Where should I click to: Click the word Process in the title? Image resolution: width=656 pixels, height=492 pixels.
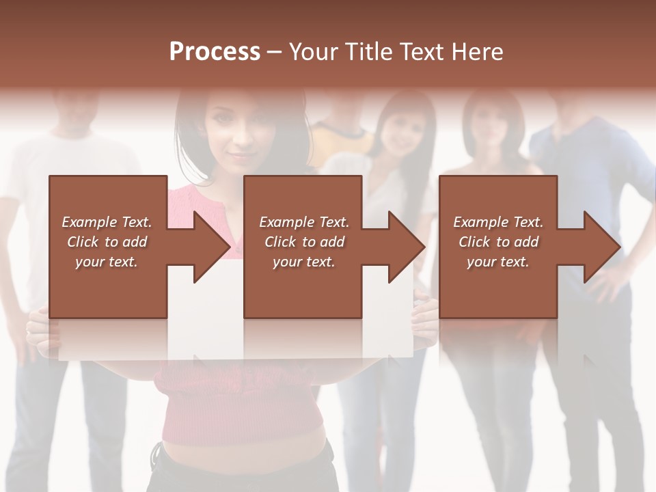click(x=215, y=52)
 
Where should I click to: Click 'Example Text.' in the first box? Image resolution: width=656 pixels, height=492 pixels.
click(x=107, y=222)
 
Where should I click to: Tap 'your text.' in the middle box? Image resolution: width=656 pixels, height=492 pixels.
click(x=303, y=262)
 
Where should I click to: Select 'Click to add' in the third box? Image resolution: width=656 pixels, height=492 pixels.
click(x=498, y=242)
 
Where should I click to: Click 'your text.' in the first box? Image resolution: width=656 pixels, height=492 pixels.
click(x=107, y=262)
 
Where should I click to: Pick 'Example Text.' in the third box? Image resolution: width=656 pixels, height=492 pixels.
click(x=498, y=222)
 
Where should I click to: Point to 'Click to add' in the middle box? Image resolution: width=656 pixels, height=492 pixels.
click(x=304, y=242)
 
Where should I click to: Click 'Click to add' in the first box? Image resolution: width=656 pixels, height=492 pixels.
click(x=107, y=242)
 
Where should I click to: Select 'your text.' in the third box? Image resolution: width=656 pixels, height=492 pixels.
click(x=498, y=262)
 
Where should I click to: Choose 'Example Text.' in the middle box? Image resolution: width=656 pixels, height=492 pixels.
click(x=304, y=222)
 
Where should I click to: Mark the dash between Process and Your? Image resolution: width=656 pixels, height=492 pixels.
click(x=275, y=52)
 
